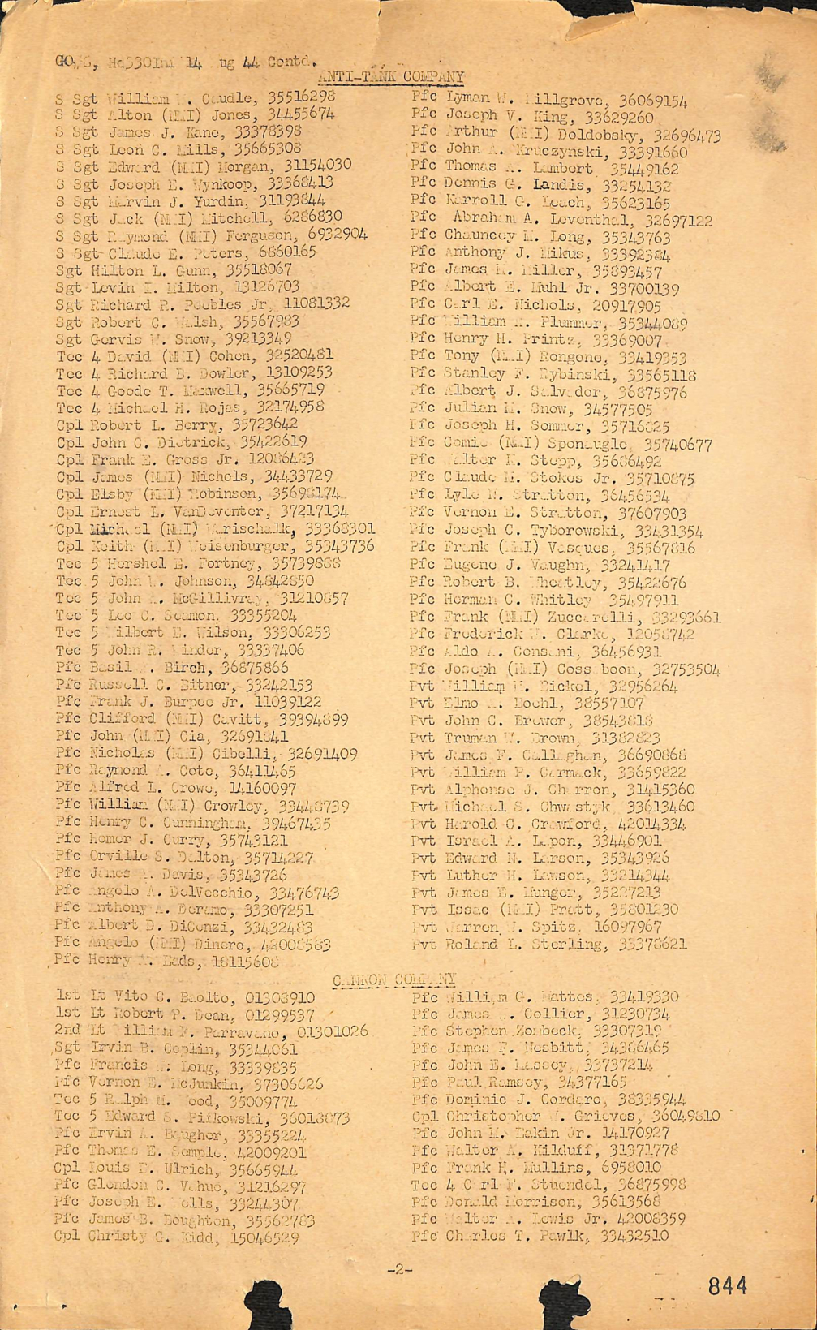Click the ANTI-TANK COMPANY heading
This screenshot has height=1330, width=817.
point(392,76)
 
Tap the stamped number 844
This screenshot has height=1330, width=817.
point(726,1285)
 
